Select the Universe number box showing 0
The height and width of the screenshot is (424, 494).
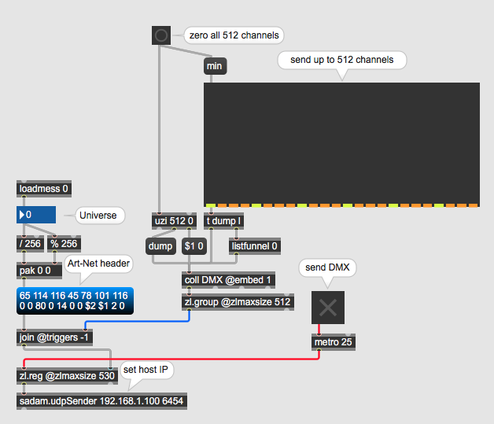36,215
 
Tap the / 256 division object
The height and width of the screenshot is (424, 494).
31,243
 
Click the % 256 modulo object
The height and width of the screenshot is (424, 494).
64,243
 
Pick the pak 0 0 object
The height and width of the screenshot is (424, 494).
35,271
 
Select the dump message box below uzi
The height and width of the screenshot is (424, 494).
160,246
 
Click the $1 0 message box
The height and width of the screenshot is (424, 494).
194,246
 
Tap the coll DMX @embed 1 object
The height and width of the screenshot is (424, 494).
229,279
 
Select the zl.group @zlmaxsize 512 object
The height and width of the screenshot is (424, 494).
237,302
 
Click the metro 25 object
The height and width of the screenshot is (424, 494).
333,342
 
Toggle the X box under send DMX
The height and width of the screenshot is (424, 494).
329,308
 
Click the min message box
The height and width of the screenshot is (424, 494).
214,67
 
